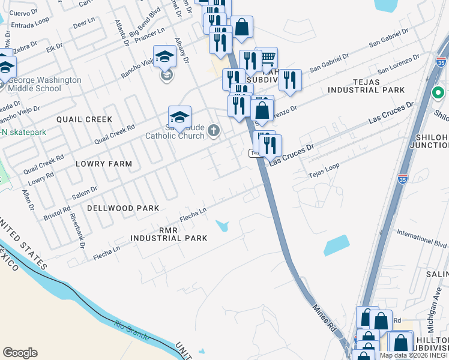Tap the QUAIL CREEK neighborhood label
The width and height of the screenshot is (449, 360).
point(85,119)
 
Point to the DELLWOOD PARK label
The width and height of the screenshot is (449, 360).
point(123,208)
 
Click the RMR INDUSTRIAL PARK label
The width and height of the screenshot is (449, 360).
point(169,234)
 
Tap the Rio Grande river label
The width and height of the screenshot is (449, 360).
point(127,329)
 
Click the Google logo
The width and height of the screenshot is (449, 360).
point(20,353)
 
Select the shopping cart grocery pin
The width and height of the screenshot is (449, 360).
point(267,58)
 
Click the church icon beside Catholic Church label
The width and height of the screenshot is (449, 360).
point(214,131)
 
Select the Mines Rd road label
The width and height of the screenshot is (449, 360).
point(324,317)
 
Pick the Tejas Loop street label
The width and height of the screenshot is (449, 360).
point(324,170)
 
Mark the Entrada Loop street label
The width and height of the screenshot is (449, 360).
point(29,23)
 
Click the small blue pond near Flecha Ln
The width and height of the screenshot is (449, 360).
point(222,226)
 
